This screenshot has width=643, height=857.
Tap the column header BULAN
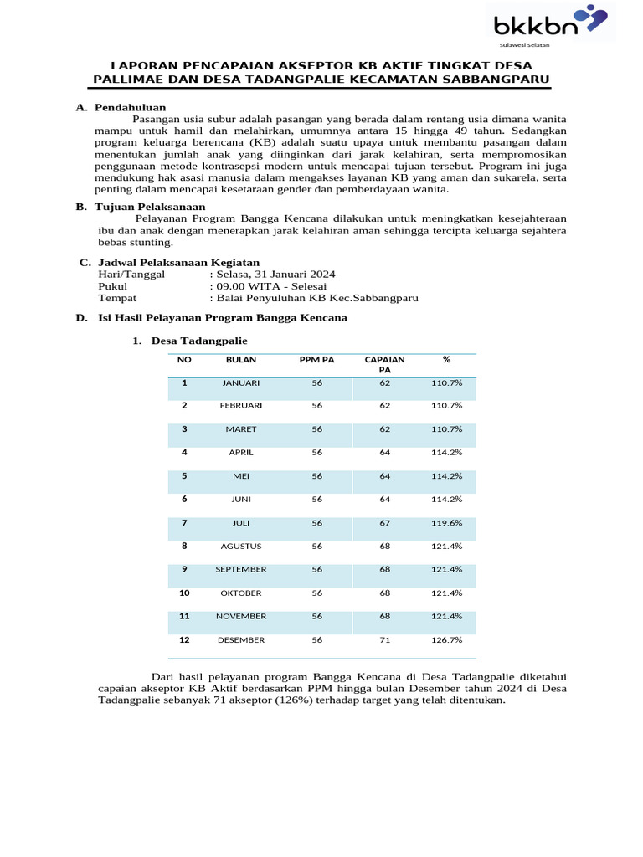241,359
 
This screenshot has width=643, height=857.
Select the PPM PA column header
316,359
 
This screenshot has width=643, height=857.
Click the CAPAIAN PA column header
384,364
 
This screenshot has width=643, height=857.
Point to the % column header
446,359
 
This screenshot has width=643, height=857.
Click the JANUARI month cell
241,382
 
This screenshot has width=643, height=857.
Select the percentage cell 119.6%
446,523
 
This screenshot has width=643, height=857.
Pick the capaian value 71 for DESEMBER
384,640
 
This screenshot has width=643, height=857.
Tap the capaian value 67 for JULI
384,523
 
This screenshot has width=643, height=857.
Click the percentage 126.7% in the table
446,640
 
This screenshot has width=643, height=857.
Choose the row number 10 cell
184,593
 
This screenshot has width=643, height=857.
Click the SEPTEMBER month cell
241,570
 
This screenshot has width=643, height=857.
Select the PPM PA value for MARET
316,429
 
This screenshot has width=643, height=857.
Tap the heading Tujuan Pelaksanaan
150,207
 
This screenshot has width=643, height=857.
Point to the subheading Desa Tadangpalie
199,341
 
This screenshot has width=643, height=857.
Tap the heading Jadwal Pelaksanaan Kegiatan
179,262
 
